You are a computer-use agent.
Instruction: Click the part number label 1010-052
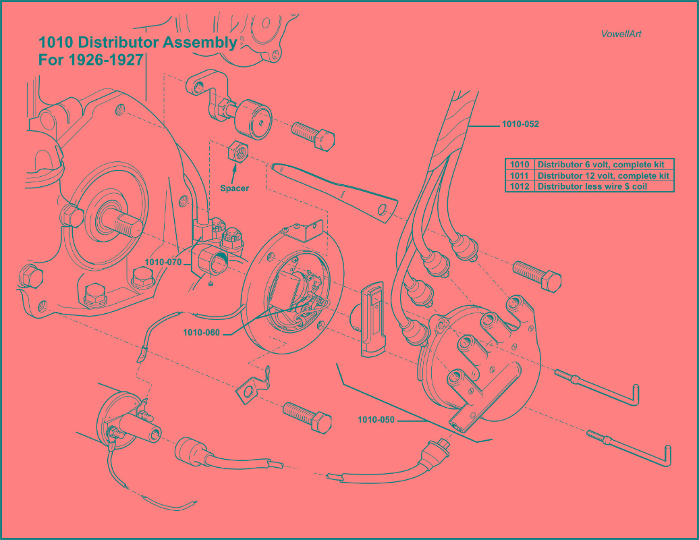coord(520,124)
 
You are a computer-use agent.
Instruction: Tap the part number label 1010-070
coord(163,263)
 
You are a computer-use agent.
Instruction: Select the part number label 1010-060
coord(202,332)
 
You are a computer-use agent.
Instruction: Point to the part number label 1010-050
coord(376,420)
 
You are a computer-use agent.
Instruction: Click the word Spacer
coord(234,188)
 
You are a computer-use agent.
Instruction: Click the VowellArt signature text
coord(621,34)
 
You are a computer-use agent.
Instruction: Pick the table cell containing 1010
coord(520,165)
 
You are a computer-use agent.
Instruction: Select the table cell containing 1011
coord(520,175)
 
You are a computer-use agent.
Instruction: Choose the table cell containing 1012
coord(520,186)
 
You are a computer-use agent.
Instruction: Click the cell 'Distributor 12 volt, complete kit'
coord(603,175)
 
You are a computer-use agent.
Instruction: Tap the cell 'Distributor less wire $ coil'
coord(592,186)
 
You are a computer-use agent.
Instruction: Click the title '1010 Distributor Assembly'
coord(138,43)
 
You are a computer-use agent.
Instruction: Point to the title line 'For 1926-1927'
coord(90,60)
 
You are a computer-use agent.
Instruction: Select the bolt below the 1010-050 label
coord(307,416)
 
